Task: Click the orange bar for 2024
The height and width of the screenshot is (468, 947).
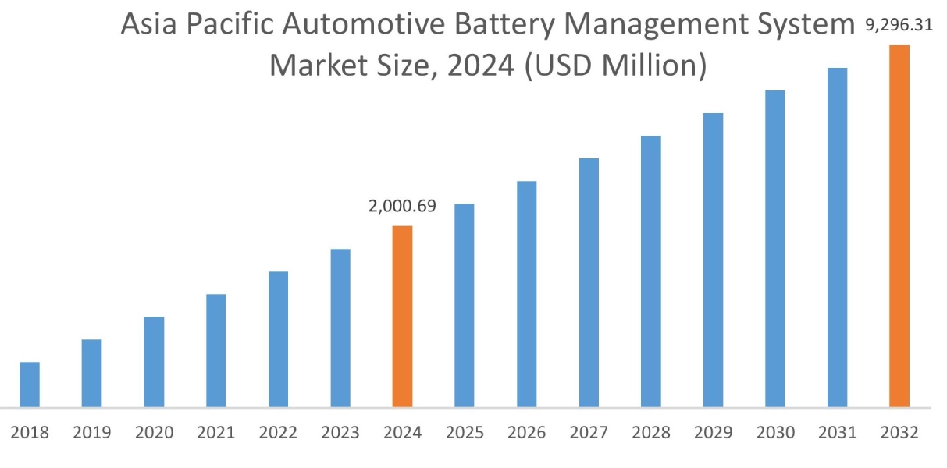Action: [402, 316]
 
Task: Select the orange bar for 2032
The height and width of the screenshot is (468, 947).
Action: [899, 226]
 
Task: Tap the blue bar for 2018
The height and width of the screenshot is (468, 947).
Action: [30, 385]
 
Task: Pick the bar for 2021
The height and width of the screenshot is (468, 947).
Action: [216, 350]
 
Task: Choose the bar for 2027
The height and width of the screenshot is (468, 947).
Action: [589, 282]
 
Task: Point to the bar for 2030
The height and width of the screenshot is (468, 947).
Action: [775, 249]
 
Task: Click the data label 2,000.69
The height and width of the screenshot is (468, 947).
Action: [402, 207]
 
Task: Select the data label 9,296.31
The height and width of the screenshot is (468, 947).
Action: [899, 27]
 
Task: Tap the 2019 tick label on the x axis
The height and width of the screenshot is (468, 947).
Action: [92, 432]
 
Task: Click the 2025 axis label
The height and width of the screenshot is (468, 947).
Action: [465, 432]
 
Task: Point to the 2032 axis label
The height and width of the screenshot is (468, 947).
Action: [899, 432]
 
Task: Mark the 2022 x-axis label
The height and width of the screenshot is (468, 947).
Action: [279, 432]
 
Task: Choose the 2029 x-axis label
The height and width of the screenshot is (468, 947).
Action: [713, 432]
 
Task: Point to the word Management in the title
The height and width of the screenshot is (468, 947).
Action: [661, 27]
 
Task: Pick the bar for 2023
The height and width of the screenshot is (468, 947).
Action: [340, 328]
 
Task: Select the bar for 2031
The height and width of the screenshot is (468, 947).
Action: [837, 237]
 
